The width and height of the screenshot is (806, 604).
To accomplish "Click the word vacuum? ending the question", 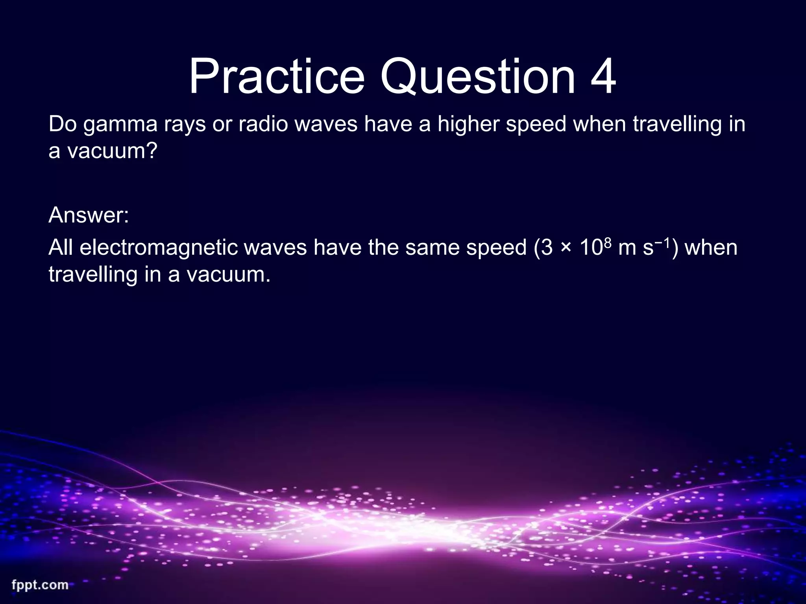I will (112, 151).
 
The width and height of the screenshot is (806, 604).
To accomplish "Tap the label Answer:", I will (89, 215).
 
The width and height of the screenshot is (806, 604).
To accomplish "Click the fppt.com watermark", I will (40, 585).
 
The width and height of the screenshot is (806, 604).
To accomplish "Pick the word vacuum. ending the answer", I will (229, 274).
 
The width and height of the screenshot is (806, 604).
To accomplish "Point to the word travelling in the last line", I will (93, 274).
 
